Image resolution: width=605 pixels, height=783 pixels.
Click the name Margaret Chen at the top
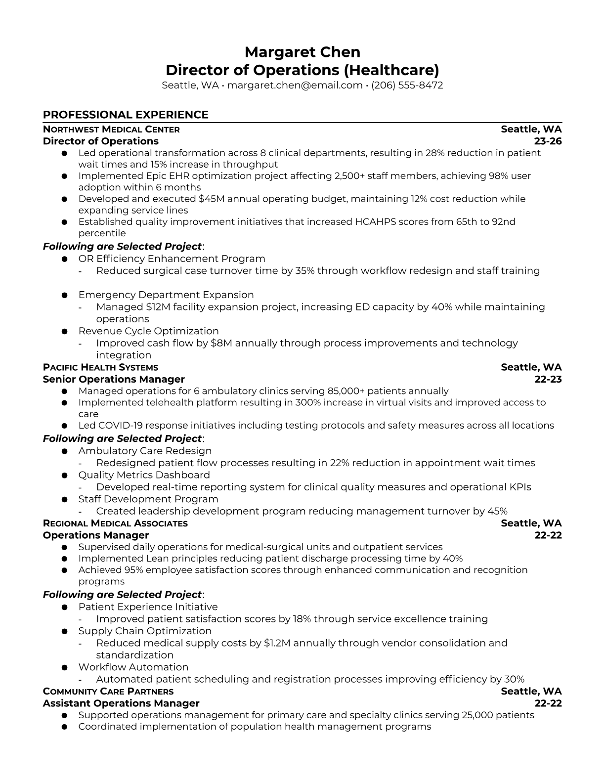pyautogui.click(x=302, y=52)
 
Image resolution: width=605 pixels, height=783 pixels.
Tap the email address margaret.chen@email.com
pyautogui.click(x=295, y=85)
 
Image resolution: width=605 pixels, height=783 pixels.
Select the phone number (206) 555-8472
pyautogui.click(x=407, y=85)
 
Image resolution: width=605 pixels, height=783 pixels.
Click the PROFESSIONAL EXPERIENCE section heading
pyautogui.click(x=126, y=115)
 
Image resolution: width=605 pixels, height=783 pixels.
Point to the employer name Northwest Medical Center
pyautogui.click(x=111, y=130)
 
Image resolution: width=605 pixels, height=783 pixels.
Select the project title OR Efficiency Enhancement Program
pyautogui.click(x=172, y=259)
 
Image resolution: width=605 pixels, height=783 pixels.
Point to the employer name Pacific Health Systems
pyautogui.click(x=100, y=367)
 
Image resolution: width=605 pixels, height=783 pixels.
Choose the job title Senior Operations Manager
pyautogui.click(x=114, y=379)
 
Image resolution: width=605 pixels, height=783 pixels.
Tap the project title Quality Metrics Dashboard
pyautogui.click(x=144, y=475)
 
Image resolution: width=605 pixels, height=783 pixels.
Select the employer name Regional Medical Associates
pyautogui.click(x=115, y=523)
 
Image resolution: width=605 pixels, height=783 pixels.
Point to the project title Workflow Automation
pyautogui.click(x=133, y=667)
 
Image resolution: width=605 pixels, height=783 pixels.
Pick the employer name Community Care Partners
pyautogui.click(x=108, y=692)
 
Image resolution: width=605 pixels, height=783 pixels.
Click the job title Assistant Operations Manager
pyautogui.click(x=121, y=703)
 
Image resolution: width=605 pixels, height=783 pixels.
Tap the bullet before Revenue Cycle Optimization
pyautogui.click(x=64, y=331)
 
